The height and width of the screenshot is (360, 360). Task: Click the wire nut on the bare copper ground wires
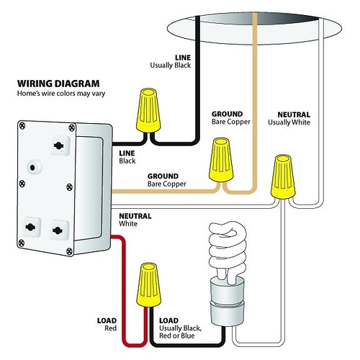coord(220,160)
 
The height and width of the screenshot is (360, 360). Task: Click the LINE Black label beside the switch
coord(127,156)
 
